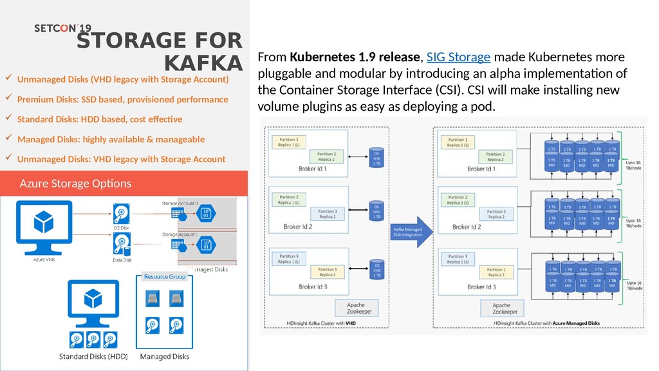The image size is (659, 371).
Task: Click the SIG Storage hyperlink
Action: pyautogui.click(x=459, y=57)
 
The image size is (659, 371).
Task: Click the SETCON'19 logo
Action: pyautogui.click(x=62, y=29)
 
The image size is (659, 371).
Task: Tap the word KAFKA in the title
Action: pyautogui.click(x=203, y=64)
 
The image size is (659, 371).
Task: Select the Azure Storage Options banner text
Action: pyautogui.click(x=76, y=184)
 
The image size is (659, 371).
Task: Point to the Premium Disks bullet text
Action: pyautogui.click(x=122, y=100)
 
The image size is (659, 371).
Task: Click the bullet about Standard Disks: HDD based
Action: pyautogui.click(x=100, y=119)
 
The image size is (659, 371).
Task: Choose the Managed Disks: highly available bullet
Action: pyautogui.click(x=111, y=139)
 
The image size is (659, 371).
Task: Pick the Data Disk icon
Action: pyautogui.click(x=122, y=244)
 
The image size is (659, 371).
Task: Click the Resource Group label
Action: pyautogui.click(x=165, y=276)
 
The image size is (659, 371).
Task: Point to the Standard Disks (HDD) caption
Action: pyautogui.click(x=93, y=356)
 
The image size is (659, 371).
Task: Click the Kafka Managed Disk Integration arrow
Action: pyautogui.click(x=408, y=231)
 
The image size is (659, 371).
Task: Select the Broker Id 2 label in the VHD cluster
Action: pyautogui.click(x=315, y=226)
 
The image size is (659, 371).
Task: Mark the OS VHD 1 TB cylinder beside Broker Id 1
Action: pyautogui.click(x=377, y=159)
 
